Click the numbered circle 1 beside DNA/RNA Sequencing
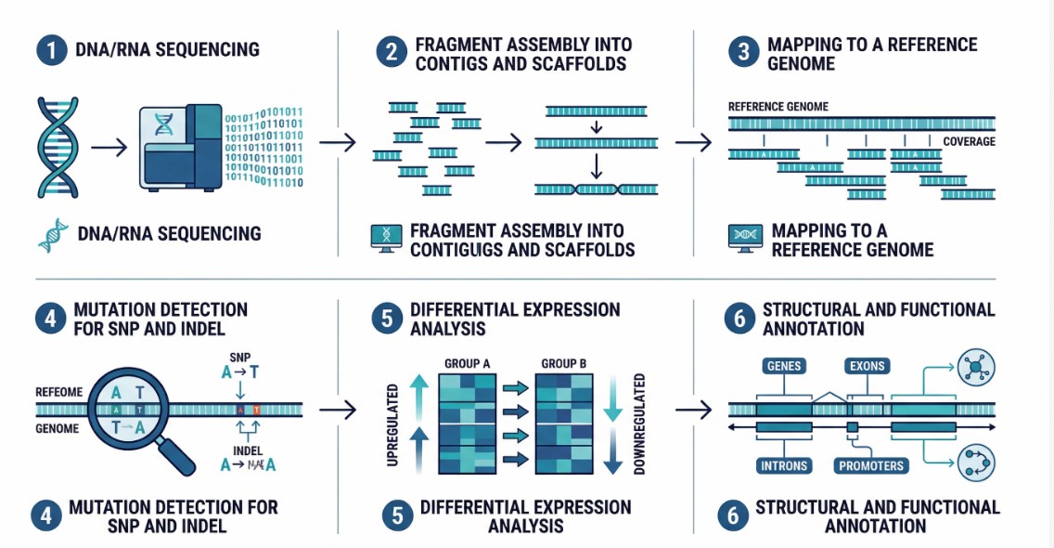[49, 50]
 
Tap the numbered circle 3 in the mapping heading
[742, 53]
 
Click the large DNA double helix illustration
[57, 147]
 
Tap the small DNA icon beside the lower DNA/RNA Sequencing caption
[53, 234]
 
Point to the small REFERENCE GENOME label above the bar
[778, 107]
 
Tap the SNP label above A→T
[239, 357]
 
